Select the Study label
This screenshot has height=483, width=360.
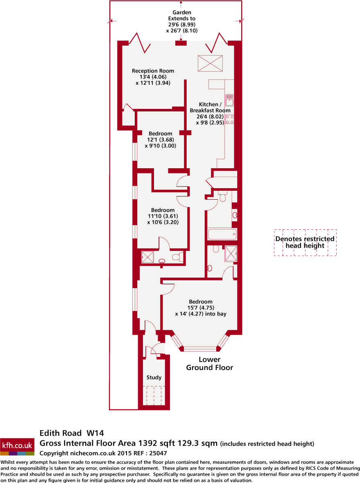click(154, 377)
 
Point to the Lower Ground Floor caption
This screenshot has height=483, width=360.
click(210, 363)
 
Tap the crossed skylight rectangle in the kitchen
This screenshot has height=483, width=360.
click(210, 62)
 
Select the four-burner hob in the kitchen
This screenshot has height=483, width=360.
click(230, 119)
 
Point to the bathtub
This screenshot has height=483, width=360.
click(222, 235)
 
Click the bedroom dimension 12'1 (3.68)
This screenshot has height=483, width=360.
click(161, 140)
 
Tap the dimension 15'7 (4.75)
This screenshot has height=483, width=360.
click(201, 308)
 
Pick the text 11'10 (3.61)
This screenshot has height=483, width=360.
click(163, 216)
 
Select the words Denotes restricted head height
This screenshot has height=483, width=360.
click(305, 242)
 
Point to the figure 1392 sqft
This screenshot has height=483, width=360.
click(154, 443)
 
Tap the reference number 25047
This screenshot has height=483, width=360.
click(158, 453)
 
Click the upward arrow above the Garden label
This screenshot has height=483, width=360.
click(181, 5)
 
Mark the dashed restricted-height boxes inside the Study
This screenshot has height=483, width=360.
click(154, 395)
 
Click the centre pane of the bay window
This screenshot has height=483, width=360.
click(200, 349)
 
